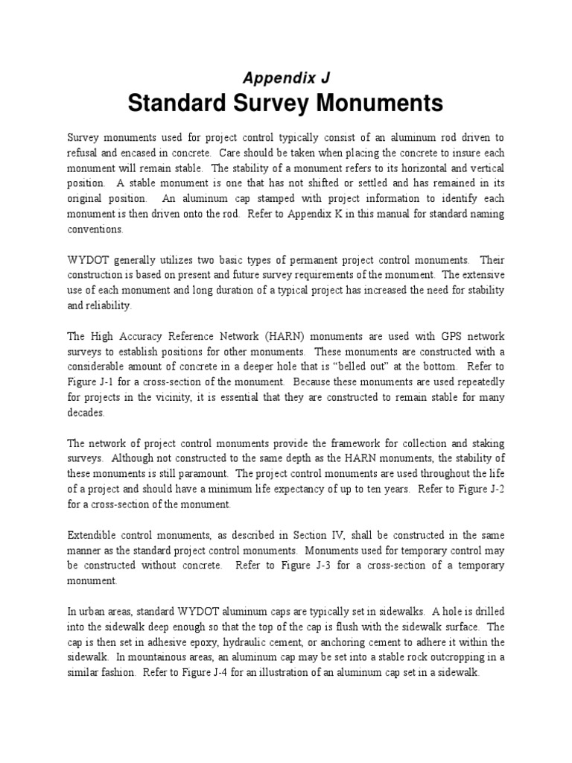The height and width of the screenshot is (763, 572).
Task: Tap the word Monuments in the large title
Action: pos(378,103)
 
